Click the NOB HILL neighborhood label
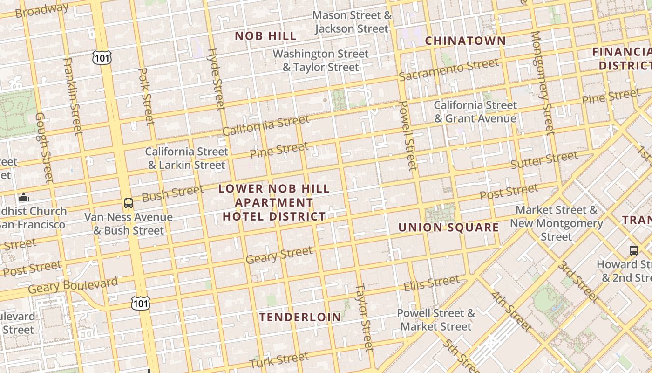[265, 36]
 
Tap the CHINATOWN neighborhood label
[465, 41]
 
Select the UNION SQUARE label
[448, 228]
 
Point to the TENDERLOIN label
[300, 318]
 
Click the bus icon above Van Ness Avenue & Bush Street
[128, 203]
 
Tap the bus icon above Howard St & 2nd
[633, 250]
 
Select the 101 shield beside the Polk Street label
[102, 58]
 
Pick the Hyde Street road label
[216, 79]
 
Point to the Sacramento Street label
[448, 70]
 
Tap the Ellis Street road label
[431, 283]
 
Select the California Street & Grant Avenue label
[475, 112]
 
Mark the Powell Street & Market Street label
[436, 320]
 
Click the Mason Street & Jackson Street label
[352, 22]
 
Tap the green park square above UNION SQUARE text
[440, 213]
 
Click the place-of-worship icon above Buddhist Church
[23, 197]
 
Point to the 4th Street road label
[511, 311]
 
